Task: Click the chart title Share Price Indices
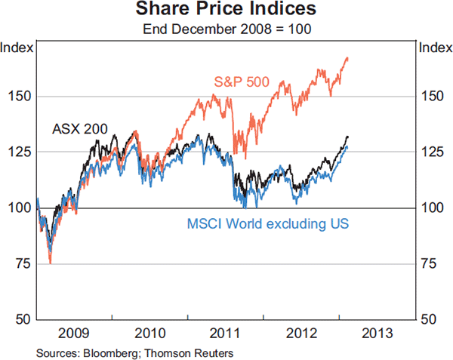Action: click(226, 11)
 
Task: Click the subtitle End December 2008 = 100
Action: click(226, 30)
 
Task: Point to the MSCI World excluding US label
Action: click(267, 223)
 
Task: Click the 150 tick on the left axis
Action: click(20, 97)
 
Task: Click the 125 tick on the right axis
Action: click(432, 152)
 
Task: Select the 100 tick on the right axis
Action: click(432, 208)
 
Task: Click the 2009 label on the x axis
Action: click(74, 333)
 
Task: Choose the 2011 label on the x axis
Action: click(226, 333)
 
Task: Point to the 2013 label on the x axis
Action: click(377, 333)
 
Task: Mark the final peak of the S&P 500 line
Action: click(347, 57)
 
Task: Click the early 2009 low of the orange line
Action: click(50, 263)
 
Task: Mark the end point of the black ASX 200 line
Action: click(347, 137)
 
